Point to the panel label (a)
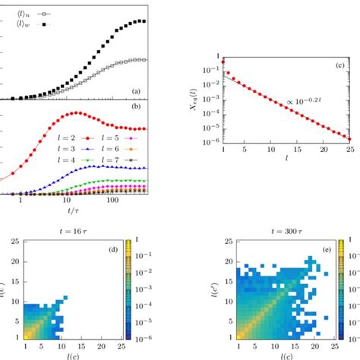click(136, 93)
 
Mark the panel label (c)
click(339, 66)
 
